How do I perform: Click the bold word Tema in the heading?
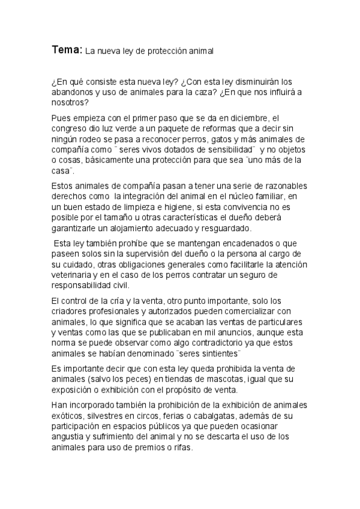(x=65, y=51)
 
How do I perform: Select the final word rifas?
(x=180, y=447)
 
